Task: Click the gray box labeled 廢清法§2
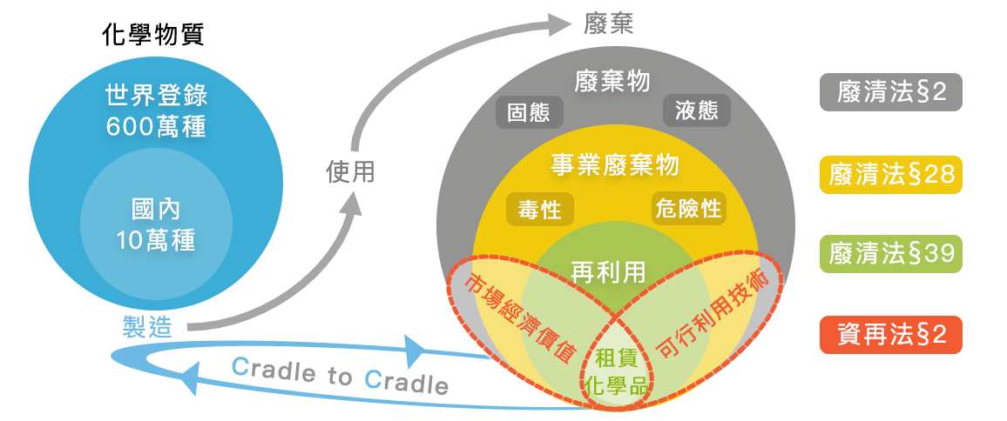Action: (890, 92)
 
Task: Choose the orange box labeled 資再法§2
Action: (890, 333)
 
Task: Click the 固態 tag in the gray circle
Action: (529, 112)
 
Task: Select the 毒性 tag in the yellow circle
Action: (539, 210)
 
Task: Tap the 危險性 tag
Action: (688, 209)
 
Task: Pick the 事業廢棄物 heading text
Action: (614, 164)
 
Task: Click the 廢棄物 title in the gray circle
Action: (612, 82)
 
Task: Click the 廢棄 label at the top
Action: (609, 23)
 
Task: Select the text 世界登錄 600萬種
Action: (156, 110)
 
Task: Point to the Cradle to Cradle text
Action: (341, 376)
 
